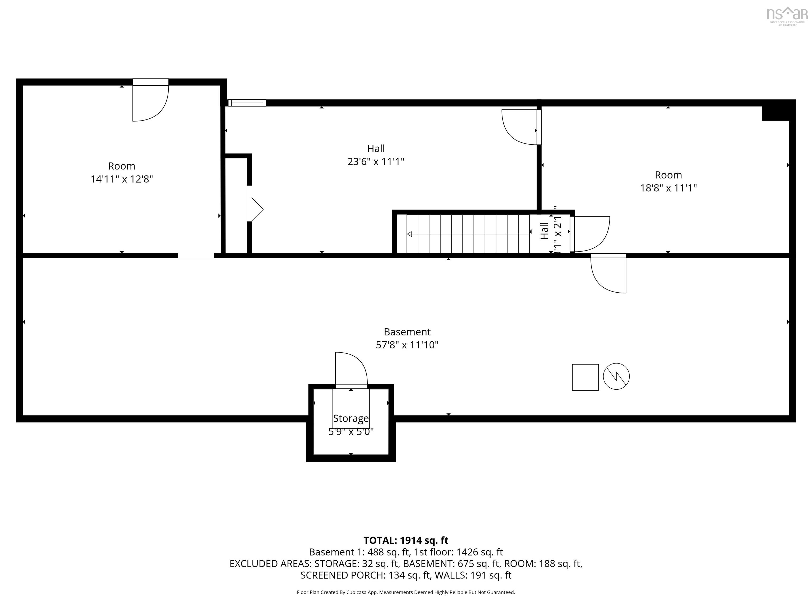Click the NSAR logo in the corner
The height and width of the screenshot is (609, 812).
(x=787, y=15)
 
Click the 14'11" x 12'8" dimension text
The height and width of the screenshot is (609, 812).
(x=122, y=179)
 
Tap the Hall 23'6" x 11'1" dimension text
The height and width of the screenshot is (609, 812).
(x=376, y=162)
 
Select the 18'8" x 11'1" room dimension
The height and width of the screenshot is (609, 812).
(x=668, y=188)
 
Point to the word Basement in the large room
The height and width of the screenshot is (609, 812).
(x=407, y=332)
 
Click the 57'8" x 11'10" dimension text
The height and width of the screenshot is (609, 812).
(x=407, y=345)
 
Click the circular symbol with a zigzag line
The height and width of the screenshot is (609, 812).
(x=616, y=377)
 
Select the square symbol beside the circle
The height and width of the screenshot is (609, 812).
(x=585, y=377)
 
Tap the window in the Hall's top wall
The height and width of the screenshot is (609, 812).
(x=246, y=103)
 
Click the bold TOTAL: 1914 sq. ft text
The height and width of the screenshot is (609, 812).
(x=406, y=540)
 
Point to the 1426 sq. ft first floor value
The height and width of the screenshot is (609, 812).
(x=479, y=552)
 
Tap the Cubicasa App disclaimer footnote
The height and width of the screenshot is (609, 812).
(x=406, y=592)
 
